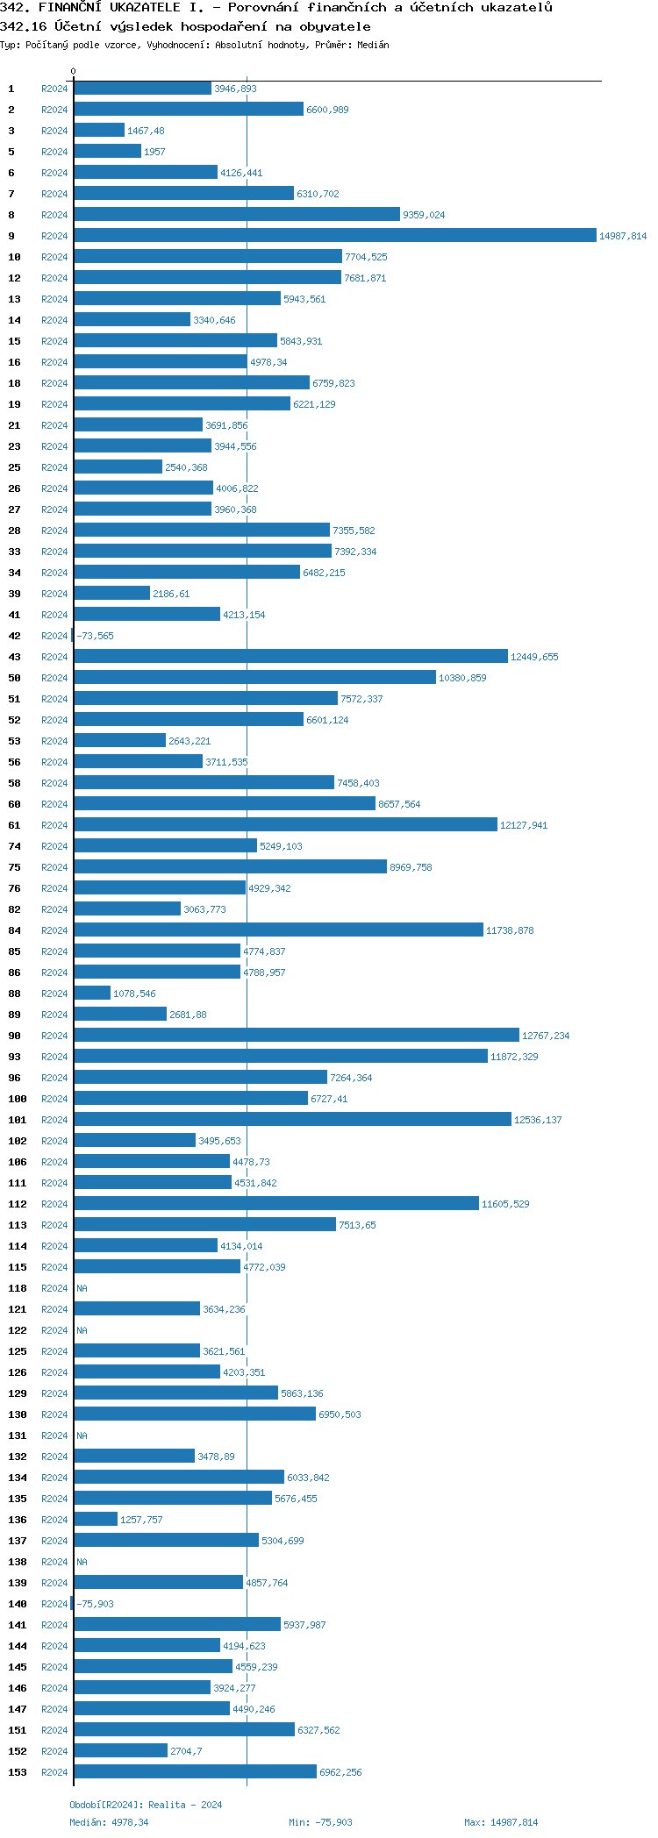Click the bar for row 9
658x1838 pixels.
(x=335, y=235)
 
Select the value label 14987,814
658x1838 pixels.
(x=623, y=236)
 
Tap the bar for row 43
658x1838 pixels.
(x=290, y=656)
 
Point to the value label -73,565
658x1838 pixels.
(x=95, y=636)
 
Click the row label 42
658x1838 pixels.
(x=15, y=636)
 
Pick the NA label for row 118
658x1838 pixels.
(x=82, y=1288)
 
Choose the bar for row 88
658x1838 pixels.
(x=92, y=993)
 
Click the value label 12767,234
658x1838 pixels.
(x=546, y=1036)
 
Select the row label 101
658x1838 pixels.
(x=18, y=1120)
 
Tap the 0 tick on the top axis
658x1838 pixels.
(x=73, y=72)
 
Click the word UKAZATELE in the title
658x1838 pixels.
(x=145, y=8)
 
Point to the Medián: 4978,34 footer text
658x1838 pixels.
(x=109, y=1822)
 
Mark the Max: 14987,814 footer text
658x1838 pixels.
(x=501, y=1822)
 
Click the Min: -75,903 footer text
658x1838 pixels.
(x=320, y=1822)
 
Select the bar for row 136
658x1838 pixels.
(x=96, y=1519)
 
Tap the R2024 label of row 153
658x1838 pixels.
(x=54, y=1772)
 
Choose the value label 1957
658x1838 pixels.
(x=154, y=152)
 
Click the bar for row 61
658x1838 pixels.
(x=285, y=824)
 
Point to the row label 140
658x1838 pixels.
(x=18, y=1604)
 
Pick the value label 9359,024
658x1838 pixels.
(x=424, y=215)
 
